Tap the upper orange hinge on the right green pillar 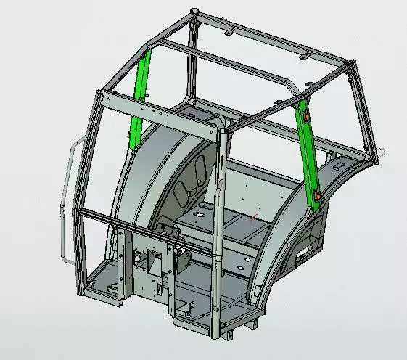[306, 116]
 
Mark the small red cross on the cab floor [252, 216]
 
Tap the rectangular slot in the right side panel [300, 253]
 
